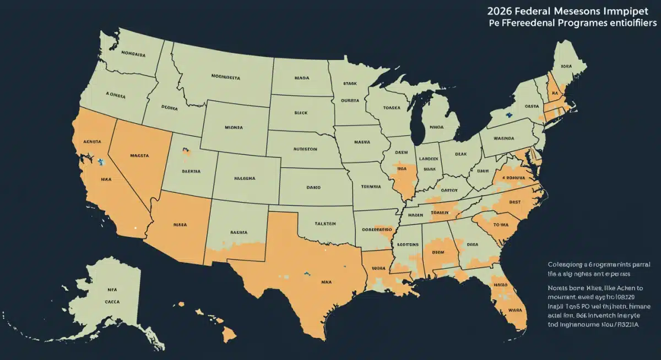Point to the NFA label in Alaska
pos(112,289)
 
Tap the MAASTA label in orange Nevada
pos(139,156)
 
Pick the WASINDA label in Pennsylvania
pos(503,138)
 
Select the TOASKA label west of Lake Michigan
pos(392,108)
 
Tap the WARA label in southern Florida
pos(514,310)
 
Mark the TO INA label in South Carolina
pos(501,225)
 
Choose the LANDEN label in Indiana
pos(429,158)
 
